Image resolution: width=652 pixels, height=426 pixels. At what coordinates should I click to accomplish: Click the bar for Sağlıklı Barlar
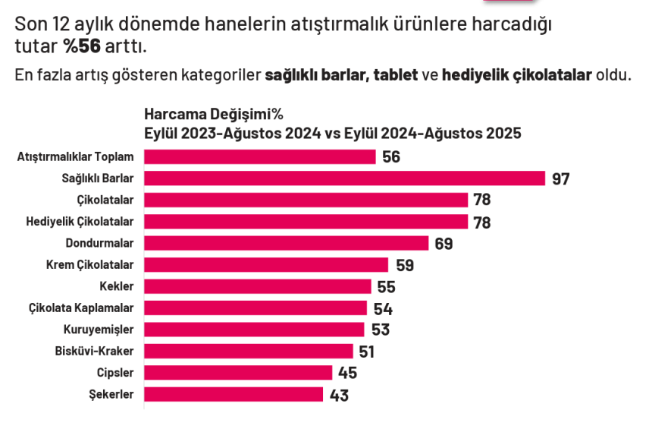(344, 178)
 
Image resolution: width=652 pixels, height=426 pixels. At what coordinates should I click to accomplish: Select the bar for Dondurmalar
(287, 243)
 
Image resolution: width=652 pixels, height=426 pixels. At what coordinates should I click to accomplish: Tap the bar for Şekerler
(234, 395)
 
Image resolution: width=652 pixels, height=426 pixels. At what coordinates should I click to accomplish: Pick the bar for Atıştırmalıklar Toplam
(259, 157)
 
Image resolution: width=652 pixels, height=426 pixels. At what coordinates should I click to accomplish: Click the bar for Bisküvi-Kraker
(249, 352)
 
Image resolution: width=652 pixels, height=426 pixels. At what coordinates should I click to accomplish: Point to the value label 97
(561, 179)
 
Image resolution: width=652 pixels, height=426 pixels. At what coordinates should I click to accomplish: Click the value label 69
(444, 244)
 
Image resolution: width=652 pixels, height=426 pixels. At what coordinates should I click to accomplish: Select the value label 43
(339, 396)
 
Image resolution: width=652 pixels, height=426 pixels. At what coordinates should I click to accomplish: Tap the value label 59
(405, 266)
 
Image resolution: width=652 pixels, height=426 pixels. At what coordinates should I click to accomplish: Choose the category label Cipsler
(115, 373)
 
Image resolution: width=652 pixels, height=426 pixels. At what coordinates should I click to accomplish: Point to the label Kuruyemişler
(99, 330)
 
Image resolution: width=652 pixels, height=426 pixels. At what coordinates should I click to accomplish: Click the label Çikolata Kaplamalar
(81, 308)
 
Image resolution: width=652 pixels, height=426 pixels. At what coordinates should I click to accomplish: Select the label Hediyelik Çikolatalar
(80, 222)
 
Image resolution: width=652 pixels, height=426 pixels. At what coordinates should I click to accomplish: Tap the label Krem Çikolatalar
(90, 265)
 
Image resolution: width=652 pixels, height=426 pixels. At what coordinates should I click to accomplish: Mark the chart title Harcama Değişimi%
(214, 115)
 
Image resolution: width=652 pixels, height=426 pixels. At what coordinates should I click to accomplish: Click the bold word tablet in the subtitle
(396, 76)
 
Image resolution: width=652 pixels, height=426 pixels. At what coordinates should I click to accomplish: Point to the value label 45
(348, 374)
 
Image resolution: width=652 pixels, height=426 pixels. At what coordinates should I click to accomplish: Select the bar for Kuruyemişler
(254, 330)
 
